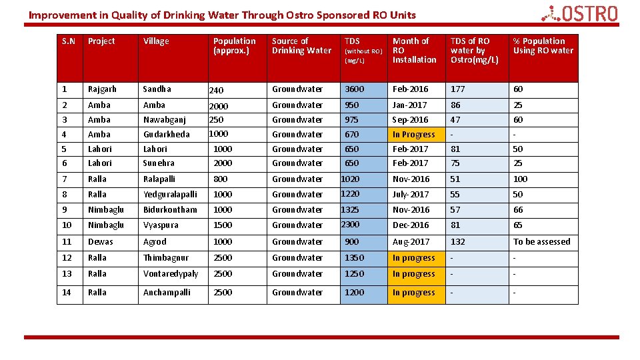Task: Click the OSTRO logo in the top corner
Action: (x=579, y=13)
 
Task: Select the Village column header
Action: (x=156, y=41)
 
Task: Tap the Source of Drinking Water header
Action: (x=301, y=46)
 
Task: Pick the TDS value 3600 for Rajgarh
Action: (x=354, y=89)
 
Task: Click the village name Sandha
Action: (x=157, y=89)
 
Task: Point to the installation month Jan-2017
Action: (x=409, y=105)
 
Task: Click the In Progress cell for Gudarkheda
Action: (x=413, y=135)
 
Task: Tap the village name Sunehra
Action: (x=159, y=163)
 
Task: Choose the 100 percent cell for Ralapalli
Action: (x=520, y=179)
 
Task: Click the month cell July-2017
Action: (x=411, y=195)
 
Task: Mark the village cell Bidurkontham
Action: (x=170, y=210)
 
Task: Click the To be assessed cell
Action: (x=541, y=242)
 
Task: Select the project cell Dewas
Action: (x=100, y=242)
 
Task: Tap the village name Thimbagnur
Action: (x=166, y=258)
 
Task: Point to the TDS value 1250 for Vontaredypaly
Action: (x=354, y=274)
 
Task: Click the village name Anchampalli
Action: (x=167, y=293)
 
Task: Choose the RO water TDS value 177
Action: (x=457, y=89)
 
